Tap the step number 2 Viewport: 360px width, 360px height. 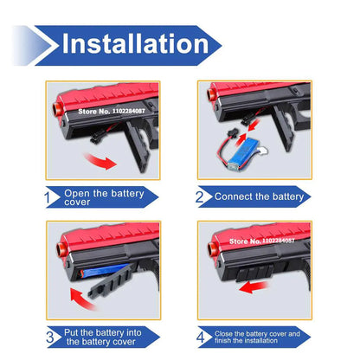click(200, 196)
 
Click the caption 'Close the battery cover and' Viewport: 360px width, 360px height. click(257, 333)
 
